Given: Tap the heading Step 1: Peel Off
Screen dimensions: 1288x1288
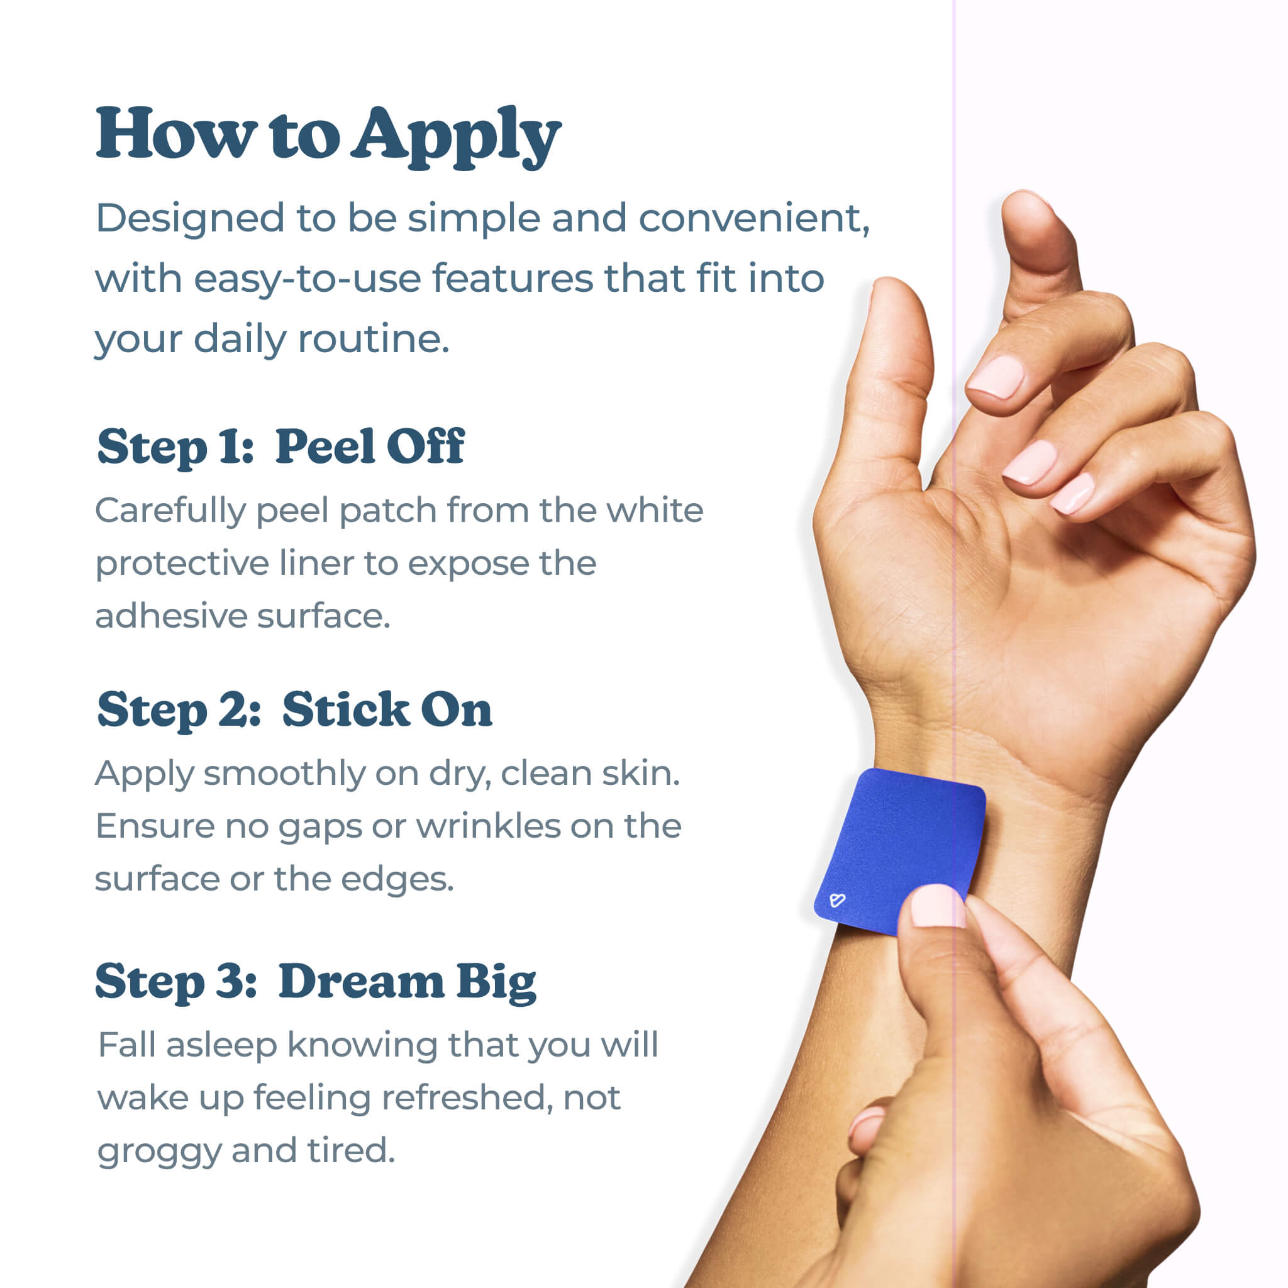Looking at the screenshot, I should point(280,446).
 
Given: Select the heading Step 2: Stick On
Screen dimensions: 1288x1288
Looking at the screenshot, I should point(294,709).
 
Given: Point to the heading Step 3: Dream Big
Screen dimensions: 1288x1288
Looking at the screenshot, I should point(315,982).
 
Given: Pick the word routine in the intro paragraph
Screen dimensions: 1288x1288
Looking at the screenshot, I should point(373,339).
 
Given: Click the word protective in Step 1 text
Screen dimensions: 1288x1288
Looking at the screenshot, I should point(181,564).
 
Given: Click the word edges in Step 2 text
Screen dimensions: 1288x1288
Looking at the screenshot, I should point(397,879).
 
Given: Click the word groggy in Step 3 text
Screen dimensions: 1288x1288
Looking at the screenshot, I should point(158,1152).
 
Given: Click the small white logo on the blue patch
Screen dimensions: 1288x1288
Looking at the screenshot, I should point(837,901).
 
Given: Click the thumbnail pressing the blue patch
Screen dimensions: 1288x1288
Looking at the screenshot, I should point(936,907).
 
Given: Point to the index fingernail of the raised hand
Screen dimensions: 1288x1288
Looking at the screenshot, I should point(997,377).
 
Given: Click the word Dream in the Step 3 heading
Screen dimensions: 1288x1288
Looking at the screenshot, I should point(360,982).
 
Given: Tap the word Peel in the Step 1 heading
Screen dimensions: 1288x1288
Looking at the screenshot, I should point(325,446).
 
